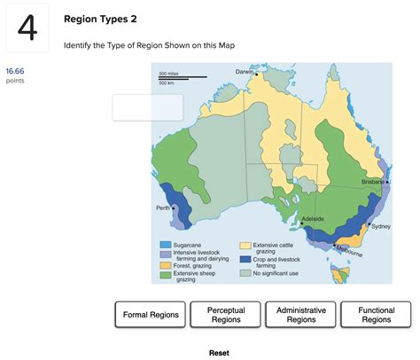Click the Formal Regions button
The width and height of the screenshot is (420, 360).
pos(151,314)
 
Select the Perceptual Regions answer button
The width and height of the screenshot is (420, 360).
pos(225,314)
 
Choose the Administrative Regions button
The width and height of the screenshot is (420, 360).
pos(301,314)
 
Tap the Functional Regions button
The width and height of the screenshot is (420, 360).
pos(376,314)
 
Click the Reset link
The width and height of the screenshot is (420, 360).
pos(219,352)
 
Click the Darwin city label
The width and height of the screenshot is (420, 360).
pos(245,71)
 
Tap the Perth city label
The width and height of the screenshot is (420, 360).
pos(162,207)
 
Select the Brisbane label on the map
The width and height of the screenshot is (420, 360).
pos(372,181)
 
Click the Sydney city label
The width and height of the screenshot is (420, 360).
pos(381,226)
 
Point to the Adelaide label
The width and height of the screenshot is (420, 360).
pos(313,218)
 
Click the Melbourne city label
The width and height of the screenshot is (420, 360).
pos(348,252)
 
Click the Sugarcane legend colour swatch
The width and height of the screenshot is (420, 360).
pos(166,244)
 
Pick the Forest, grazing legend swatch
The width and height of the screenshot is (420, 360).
pos(166,265)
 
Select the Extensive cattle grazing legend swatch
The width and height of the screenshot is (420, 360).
pos(245,244)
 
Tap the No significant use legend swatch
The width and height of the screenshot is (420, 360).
pos(245,272)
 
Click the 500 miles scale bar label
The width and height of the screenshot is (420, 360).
pos(168,74)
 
